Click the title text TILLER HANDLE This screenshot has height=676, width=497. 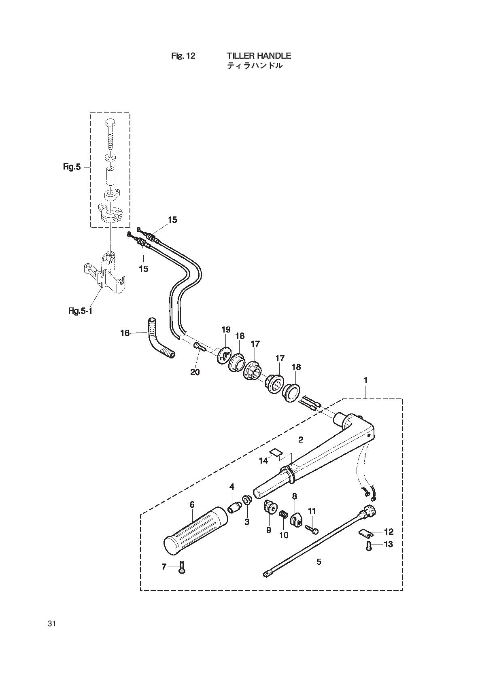click(259, 55)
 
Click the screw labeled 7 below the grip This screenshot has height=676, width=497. click(181, 567)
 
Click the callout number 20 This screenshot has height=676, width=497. click(195, 372)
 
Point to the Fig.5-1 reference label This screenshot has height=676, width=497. click(80, 311)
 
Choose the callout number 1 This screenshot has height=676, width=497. click(365, 381)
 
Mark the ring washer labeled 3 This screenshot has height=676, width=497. click(247, 500)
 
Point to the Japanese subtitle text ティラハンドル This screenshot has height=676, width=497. click(255, 66)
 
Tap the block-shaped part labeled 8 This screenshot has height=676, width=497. click(296, 518)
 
